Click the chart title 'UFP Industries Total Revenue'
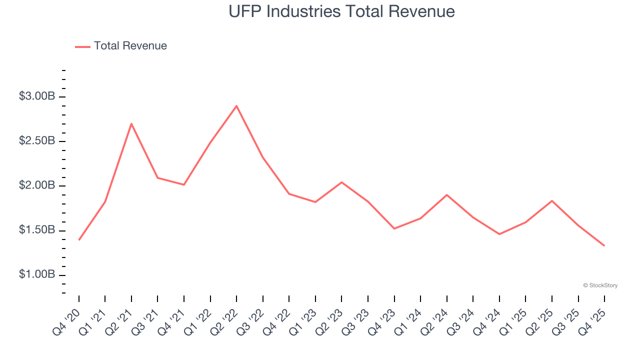[x=341, y=11]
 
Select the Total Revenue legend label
[x=130, y=46]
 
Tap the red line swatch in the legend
[x=82, y=46]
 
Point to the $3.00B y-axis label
[x=37, y=96]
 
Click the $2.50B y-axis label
[x=37, y=141]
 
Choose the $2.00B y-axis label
[x=37, y=186]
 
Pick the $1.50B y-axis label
[x=37, y=230]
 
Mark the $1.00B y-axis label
[x=37, y=275]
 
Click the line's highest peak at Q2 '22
[x=236, y=106]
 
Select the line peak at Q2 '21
[x=131, y=123]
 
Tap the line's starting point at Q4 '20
[x=79, y=240]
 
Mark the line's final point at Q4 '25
[x=604, y=245]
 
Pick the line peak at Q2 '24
[x=446, y=195]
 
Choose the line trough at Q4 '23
[x=394, y=228]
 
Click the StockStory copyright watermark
[x=600, y=285]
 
